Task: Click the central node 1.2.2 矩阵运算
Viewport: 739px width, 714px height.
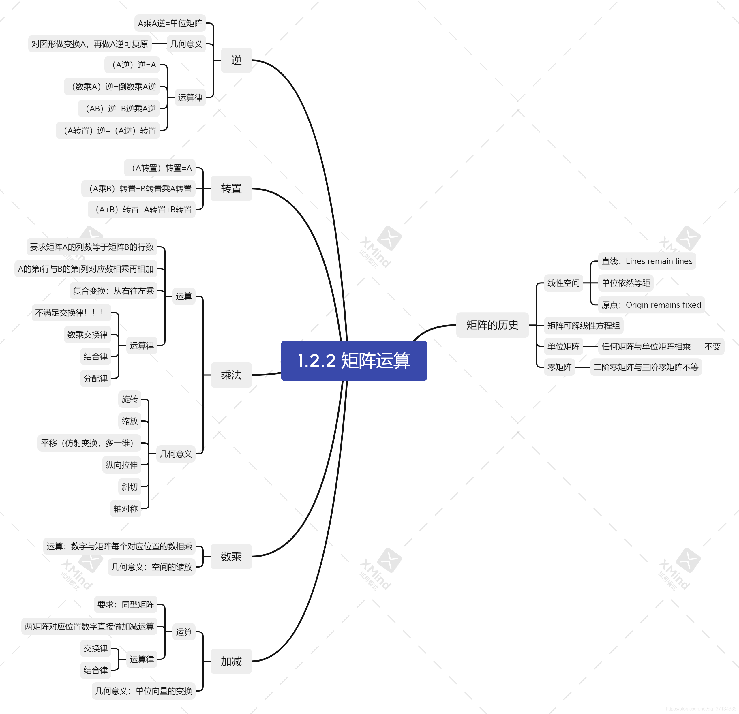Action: pos(354,360)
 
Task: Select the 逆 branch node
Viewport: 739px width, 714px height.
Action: pos(237,60)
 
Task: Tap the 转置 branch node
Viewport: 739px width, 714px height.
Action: pos(231,189)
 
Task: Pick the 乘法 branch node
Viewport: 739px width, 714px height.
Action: pos(231,375)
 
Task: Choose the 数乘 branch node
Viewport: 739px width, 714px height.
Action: pos(231,557)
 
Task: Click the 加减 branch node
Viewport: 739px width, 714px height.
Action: pos(231,661)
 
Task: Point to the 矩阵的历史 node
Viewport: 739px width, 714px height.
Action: pos(492,325)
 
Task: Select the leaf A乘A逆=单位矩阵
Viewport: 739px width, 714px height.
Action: pos(170,23)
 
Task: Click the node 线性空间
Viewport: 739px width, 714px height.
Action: pos(563,283)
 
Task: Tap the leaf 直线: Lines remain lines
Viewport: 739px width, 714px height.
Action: pos(647,261)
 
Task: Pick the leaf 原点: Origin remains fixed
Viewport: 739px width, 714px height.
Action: pos(651,305)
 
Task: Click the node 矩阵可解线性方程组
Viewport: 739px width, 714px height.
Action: pos(584,326)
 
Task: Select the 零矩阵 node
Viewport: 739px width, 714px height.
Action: pos(560,367)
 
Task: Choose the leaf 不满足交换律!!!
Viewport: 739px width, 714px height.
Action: pos(71,313)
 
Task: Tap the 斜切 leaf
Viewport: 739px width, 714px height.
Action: pos(130,487)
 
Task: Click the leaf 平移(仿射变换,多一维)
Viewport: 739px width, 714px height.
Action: pos(89,443)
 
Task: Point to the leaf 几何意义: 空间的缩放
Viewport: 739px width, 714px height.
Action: pos(151,567)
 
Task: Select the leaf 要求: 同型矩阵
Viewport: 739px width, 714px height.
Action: pos(125,605)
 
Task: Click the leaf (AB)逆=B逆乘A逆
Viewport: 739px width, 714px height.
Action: pos(119,108)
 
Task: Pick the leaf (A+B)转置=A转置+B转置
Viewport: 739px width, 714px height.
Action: pos(142,209)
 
